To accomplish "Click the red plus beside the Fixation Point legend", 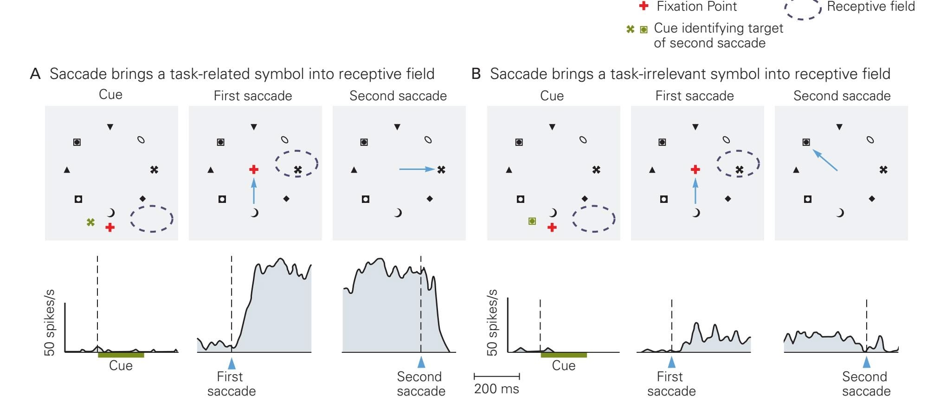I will (644, 6).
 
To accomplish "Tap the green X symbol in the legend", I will (630, 29).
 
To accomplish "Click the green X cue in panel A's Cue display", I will (91, 222).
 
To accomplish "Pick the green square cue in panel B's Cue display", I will (532, 221).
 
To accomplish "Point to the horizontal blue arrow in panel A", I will (416, 169).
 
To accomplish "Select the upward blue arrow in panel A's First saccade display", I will (254, 191).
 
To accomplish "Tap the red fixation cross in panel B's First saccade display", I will (695, 169).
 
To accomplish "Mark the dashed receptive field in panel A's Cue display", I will (152, 219).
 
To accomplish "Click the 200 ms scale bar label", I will (496, 389).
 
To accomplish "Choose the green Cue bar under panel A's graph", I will (121, 355).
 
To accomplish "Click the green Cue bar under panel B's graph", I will (564, 355).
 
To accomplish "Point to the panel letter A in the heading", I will (35, 74).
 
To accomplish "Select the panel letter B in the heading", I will (476, 74).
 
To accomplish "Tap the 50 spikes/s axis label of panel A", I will (49, 322).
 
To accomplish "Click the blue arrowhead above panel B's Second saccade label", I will (866, 362).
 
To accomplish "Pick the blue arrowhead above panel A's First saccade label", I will (232, 363).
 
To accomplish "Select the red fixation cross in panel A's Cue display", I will (110, 227).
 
